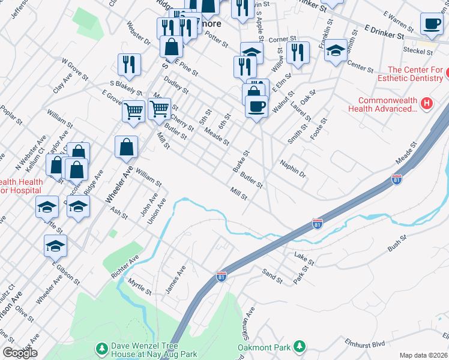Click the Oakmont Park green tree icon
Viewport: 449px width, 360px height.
point(298,347)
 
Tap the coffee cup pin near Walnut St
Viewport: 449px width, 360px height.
point(256,107)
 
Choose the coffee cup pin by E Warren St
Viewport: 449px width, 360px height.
point(431,25)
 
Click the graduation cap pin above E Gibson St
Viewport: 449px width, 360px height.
point(55,246)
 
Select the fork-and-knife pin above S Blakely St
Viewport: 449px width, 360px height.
point(129,64)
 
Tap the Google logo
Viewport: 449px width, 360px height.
point(19,353)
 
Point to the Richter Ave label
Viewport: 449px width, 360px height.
point(124,266)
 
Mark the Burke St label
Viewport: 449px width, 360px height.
point(241,161)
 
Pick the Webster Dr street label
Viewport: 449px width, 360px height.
point(138,34)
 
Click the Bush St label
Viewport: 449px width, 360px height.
point(397,245)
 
